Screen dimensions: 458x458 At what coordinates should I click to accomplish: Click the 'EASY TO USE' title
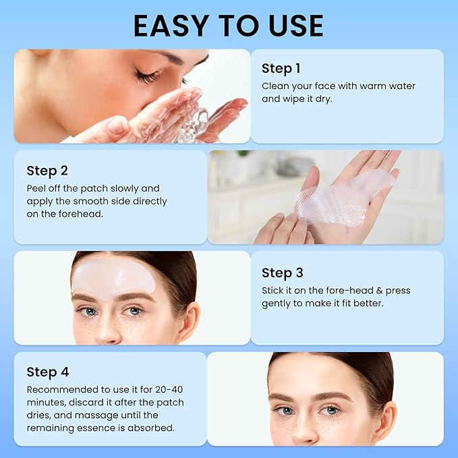(229, 26)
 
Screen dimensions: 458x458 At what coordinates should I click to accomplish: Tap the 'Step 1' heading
(281, 68)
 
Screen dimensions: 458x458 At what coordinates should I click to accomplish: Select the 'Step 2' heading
(47, 171)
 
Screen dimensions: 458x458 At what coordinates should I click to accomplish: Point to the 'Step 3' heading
(283, 273)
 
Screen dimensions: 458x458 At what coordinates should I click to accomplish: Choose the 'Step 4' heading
(48, 372)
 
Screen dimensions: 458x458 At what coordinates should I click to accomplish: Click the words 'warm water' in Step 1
(390, 86)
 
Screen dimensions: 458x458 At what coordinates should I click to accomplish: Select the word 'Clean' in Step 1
(276, 86)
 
